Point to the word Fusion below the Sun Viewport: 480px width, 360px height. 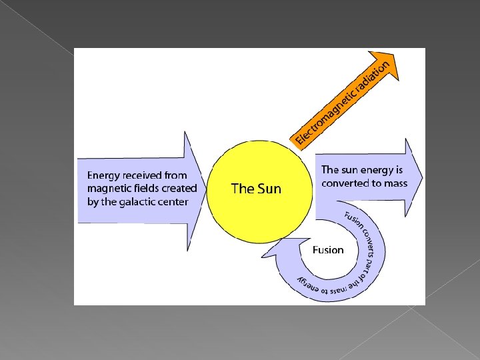[x=328, y=250]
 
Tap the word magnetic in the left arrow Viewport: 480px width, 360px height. [x=109, y=189]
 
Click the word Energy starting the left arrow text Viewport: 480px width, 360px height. [x=104, y=175]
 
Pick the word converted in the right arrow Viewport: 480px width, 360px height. [x=343, y=183]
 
